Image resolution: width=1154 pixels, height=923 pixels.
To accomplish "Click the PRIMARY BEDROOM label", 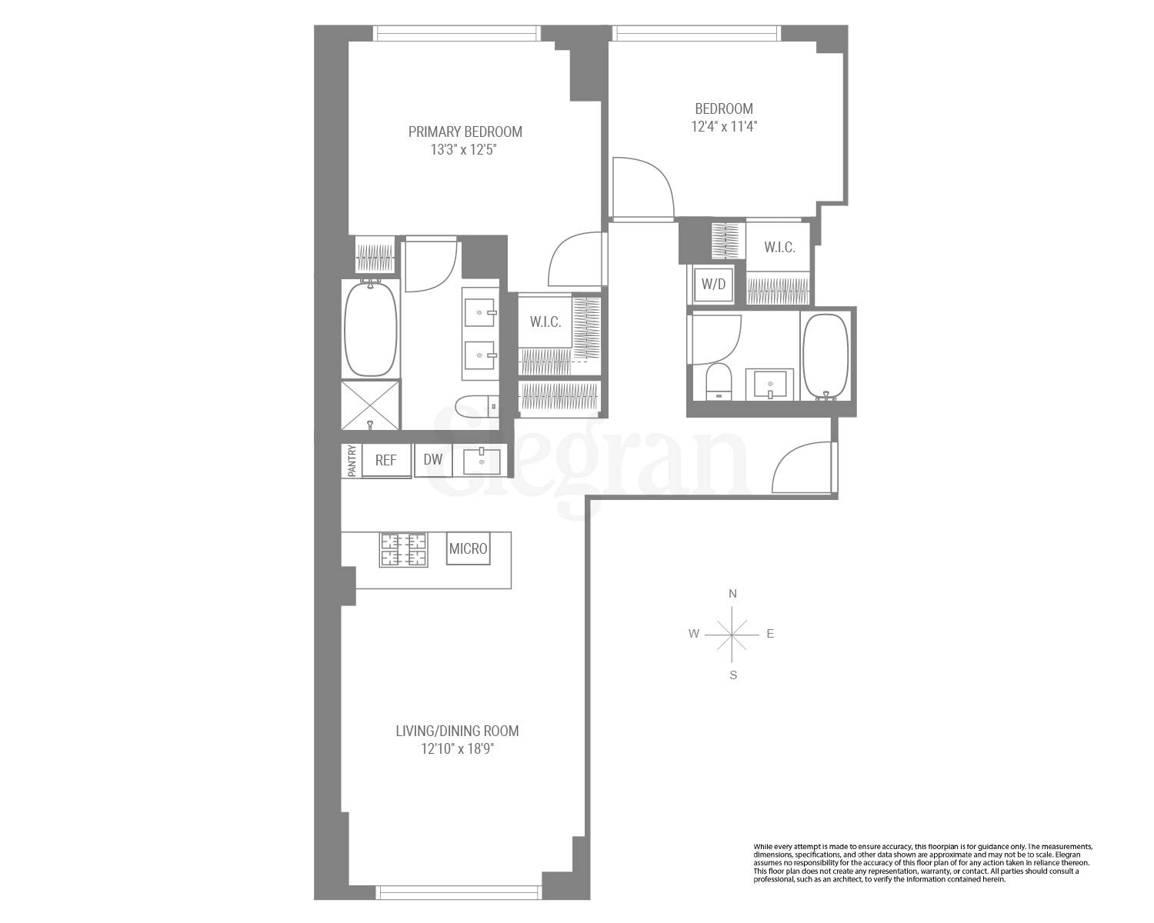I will pyautogui.click(x=465, y=132).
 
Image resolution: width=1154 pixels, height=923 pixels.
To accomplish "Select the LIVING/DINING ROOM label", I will pyautogui.click(x=457, y=731).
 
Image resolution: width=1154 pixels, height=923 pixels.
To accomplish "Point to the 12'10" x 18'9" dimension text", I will pyautogui.click(x=457, y=749).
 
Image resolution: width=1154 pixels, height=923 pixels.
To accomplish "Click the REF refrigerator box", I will pyautogui.click(x=386, y=460).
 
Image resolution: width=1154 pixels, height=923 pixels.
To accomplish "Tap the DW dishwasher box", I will pyautogui.click(x=433, y=460).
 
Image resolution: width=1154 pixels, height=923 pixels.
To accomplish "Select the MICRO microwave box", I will pyautogui.click(x=468, y=549).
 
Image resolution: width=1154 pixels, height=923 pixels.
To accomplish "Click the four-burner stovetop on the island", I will pyautogui.click(x=403, y=550).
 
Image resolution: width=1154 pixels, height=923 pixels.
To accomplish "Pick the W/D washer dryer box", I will pyautogui.click(x=713, y=284).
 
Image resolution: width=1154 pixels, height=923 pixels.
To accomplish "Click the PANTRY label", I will pyautogui.click(x=352, y=461).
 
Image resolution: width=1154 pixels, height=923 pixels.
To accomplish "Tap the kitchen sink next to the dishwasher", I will pyautogui.click(x=482, y=461).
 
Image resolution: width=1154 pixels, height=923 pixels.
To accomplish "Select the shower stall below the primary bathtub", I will pyautogui.click(x=371, y=405).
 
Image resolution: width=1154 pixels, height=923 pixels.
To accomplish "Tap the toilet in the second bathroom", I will pyautogui.click(x=719, y=381).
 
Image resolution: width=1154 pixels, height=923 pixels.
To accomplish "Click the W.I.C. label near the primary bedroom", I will pyautogui.click(x=545, y=322).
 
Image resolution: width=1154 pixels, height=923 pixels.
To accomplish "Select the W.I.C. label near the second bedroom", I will pyautogui.click(x=779, y=248).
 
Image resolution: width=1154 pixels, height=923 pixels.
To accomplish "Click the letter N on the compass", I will pyautogui.click(x=733, y=594).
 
